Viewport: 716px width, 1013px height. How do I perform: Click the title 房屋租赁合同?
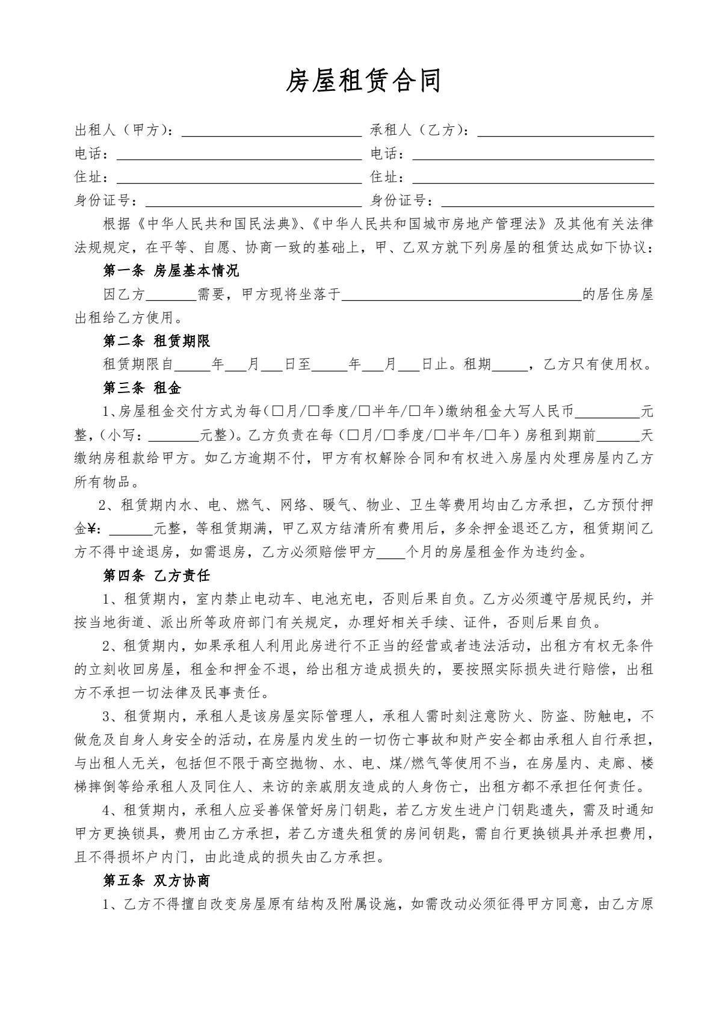[x=363, y=81]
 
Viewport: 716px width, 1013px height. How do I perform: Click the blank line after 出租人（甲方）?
[x=271, y=131]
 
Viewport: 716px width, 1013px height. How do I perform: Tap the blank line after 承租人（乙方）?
[x=566, y=131]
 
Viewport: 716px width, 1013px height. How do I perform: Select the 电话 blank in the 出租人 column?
[x=239, y=155]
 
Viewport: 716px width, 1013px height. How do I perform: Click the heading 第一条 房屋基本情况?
[x=171, y=271]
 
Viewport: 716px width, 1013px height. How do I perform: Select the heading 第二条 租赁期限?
[x=156, y=341]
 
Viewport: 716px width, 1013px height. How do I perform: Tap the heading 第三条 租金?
[x=142, y=388]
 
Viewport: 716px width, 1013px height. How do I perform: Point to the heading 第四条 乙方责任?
[x=156, y=575]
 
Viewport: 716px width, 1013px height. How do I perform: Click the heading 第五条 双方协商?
[x=156, y=881]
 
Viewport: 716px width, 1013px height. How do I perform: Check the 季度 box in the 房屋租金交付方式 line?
[x=314, y=412]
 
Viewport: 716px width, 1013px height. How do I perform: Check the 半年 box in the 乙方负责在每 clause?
[x=439, y=435]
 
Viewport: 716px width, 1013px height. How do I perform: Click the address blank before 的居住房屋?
[x=461, y=295]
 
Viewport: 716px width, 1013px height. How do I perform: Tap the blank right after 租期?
[x=509, y=365]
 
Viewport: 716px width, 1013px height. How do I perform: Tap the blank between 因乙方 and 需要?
[x=171, y=295]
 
